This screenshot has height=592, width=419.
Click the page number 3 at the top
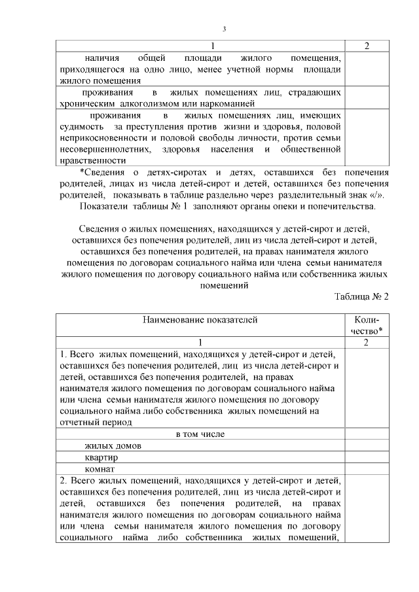point(224,29)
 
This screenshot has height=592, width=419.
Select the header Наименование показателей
point(200,320)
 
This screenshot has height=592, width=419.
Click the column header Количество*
point(367,325)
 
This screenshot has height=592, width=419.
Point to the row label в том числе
point(200,434)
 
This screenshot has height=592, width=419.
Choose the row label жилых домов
point(113,446)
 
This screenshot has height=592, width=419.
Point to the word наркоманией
point(226,103)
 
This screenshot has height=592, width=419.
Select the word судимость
point(82,126)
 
